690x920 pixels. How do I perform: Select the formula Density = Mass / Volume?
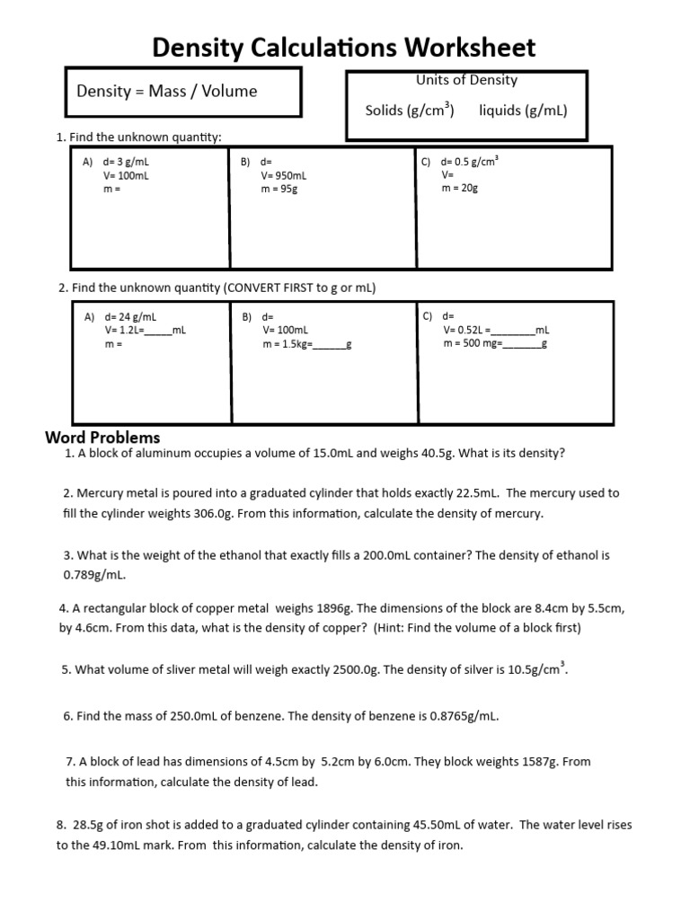167,91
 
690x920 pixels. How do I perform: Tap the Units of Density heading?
466,80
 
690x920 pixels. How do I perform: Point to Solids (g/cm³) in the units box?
410,111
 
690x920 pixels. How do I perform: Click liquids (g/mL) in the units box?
523,111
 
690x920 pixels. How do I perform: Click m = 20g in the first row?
460,189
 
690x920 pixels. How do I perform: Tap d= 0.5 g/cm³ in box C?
470,163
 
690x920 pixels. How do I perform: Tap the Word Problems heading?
102,438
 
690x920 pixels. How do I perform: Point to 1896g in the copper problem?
332,608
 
